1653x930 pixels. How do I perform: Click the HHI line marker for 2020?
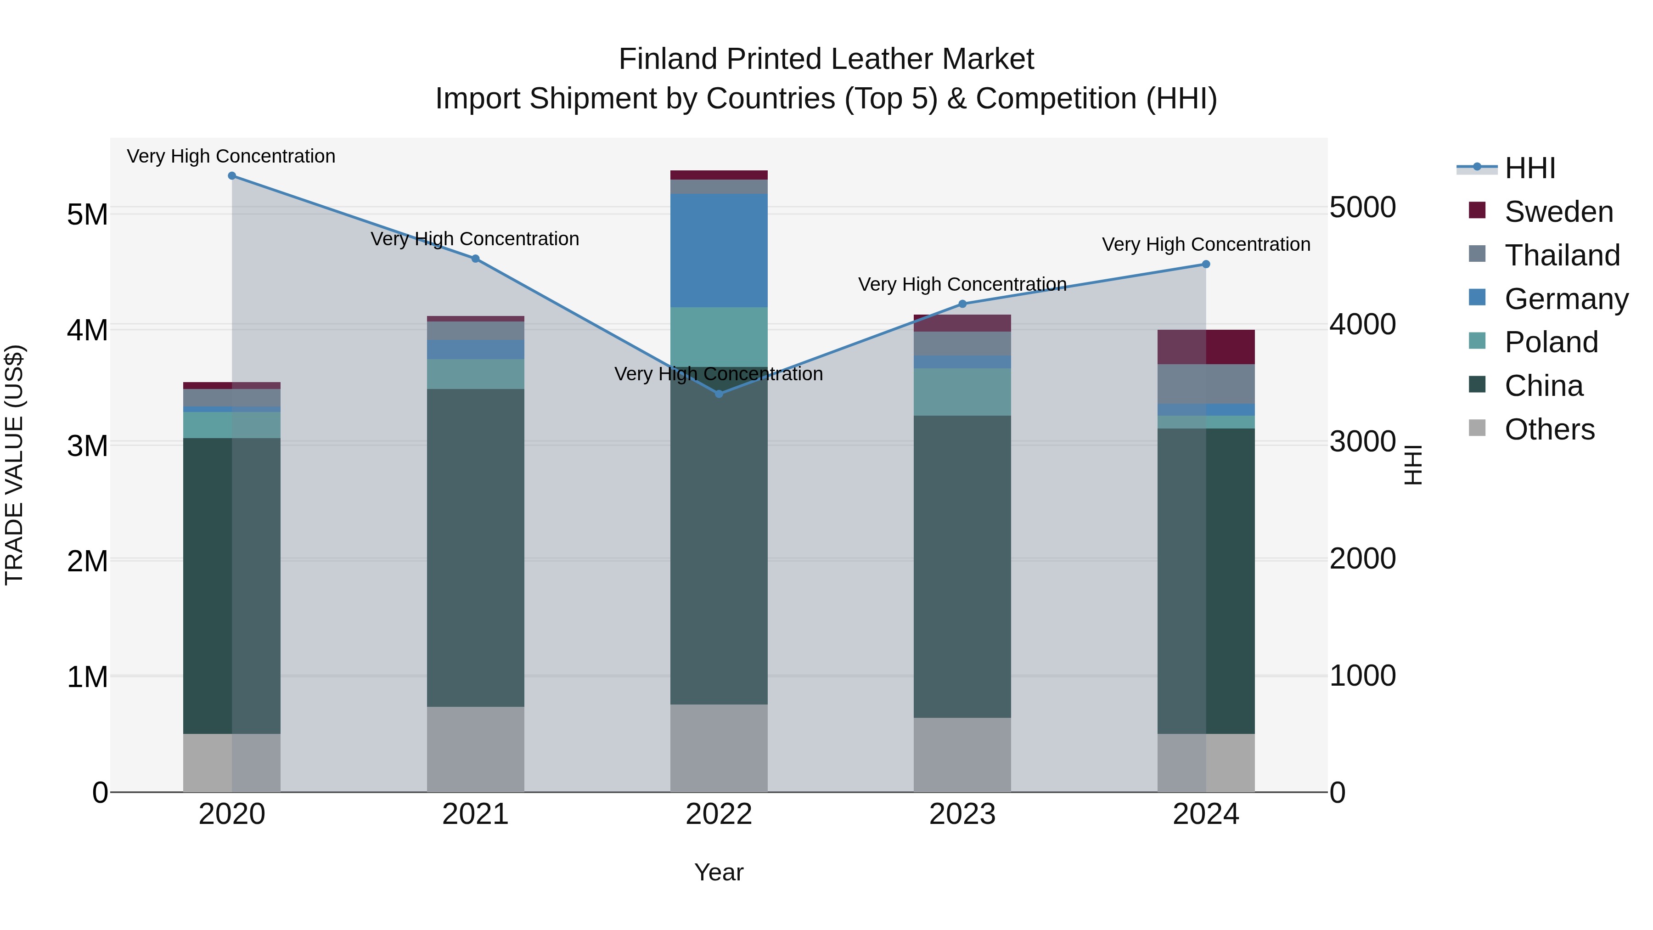pyautogui.click(x=232, y=176)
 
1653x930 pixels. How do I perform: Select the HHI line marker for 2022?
pyautogui.click(x=719, y=394)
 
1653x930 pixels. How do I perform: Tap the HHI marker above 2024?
pyautogui.click(x=1206, y=265)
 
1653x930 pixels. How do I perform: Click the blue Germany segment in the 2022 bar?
pyautogui.click(x=719, y=250)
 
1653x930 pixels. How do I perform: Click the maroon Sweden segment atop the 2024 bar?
pyautogui.click(x=1206, y=347)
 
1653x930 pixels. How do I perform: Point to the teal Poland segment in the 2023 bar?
pyautogui.click(x=962, y=392)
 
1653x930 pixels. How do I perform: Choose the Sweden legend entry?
pyautogui.click(x=1558, y=212)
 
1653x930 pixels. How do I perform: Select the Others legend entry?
pyautogui.click(x=1549, y=429)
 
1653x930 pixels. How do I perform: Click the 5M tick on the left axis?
pyautogui.click(x=87, y=214)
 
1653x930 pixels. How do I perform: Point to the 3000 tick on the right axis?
pyautogui.click(x=1362, y=441)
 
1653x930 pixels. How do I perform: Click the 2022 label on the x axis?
pyautogui.click(x=719, y=814)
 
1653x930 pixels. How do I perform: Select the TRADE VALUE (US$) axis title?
pyautogui.click(x=15, y=465)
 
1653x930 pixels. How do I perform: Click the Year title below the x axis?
pyautogui.click(x=719, y=872)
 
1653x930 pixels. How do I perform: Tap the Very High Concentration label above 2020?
pyautogui.click(x=231, y=156)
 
